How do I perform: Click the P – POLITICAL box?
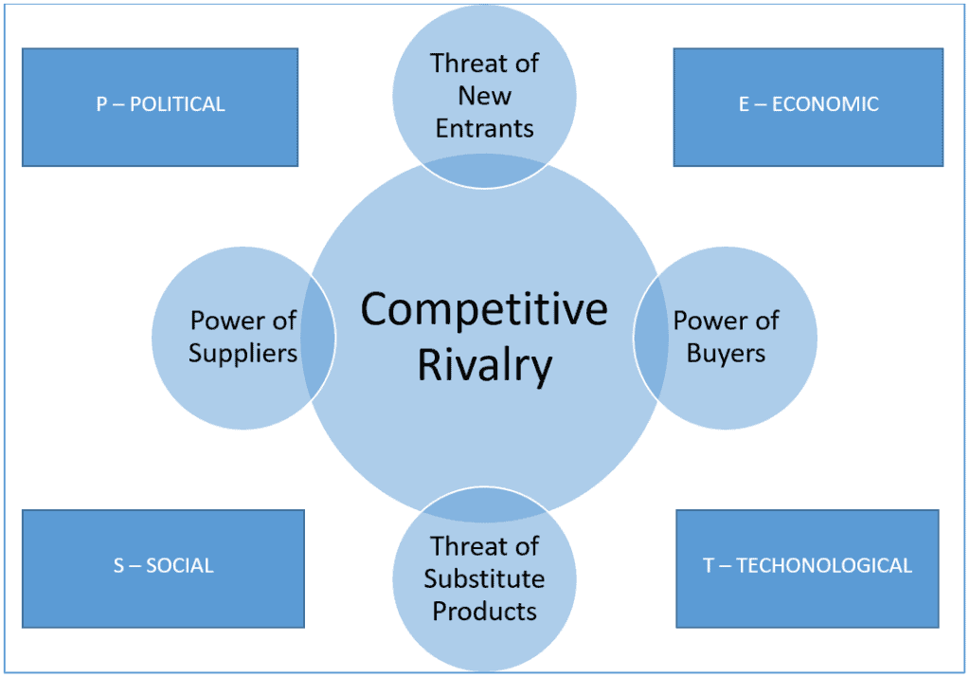160,107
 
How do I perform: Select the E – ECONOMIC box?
808,107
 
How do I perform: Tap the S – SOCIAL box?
163,568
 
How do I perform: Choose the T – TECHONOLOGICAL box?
807,568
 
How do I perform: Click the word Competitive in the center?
484,310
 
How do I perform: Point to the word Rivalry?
484,367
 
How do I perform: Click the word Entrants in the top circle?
485,128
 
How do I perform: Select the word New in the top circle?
485,96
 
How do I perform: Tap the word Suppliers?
242,354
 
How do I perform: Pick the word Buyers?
726,354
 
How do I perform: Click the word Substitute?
484,578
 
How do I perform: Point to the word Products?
484,611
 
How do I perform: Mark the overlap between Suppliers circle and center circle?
319,339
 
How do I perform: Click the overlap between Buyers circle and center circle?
650,339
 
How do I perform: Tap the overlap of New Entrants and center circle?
484,173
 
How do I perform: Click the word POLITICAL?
177,104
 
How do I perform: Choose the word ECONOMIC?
825,104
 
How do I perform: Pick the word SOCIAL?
180,566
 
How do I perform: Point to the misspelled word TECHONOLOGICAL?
824,566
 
